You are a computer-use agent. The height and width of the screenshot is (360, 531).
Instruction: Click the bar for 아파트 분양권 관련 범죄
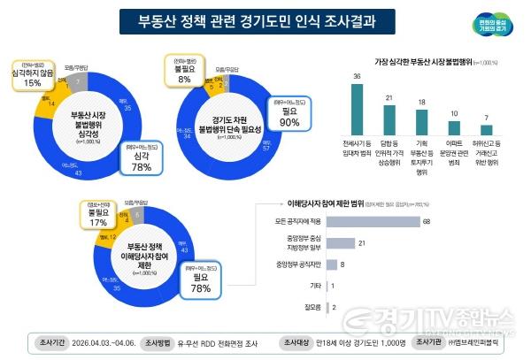click(x=452, y=127)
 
